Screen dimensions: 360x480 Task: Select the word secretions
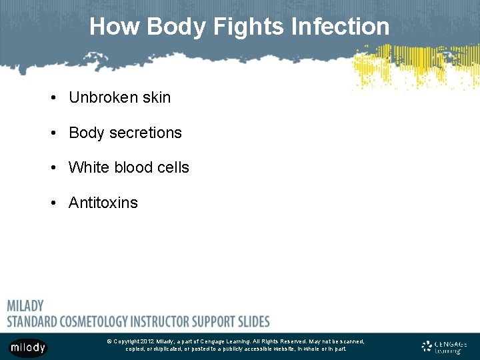145,133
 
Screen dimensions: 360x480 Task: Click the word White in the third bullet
89,167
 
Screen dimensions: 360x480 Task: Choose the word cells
173,167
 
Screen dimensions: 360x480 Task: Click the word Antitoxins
103,203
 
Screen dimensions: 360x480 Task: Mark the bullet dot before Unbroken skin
52,98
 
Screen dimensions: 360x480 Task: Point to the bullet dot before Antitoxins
52,203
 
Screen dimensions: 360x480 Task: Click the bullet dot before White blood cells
52,168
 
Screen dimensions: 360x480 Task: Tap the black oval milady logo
27,347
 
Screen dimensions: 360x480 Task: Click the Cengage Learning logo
444,347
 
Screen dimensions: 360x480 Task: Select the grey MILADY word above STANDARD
25,306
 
